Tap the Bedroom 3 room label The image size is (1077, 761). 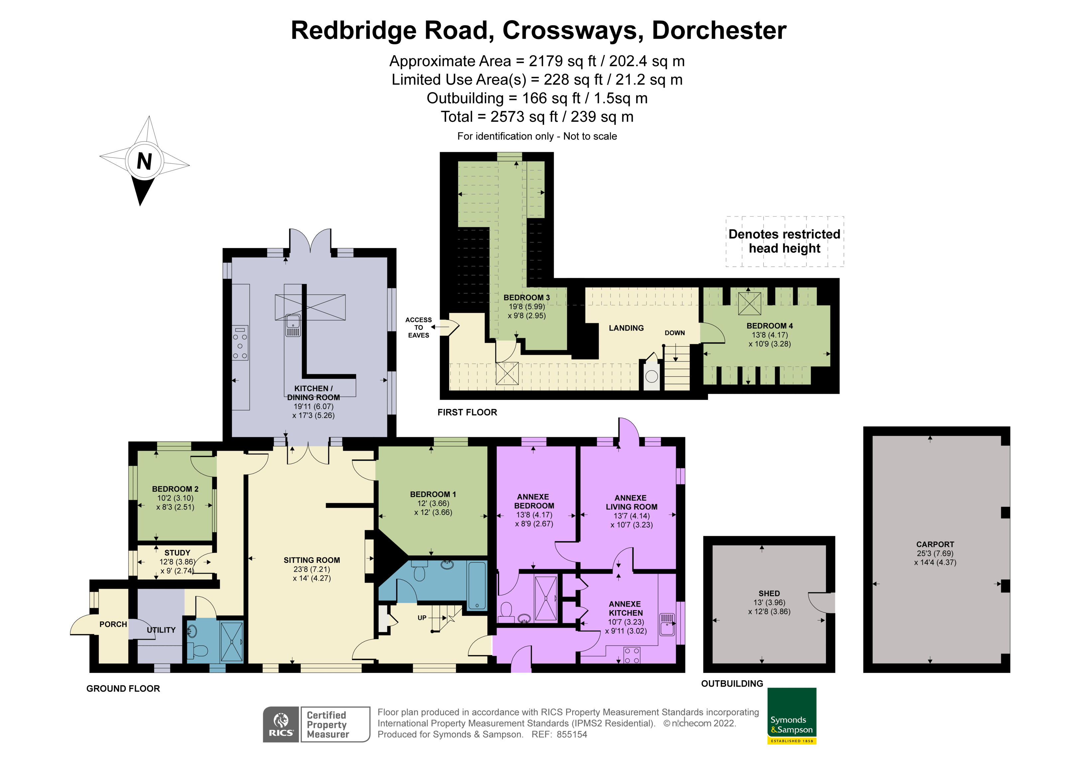(526, 298)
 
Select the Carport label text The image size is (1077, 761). (935, 544)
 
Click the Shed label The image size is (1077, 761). (769, 594)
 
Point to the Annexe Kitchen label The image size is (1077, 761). (625, 609)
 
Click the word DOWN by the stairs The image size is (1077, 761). (674, 333)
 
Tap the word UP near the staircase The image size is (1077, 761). (422, 618)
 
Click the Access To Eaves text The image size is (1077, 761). (419, 327)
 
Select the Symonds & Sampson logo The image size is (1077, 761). (792, 715)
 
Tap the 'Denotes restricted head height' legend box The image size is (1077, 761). (784, 241)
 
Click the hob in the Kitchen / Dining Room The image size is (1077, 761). (240, 343)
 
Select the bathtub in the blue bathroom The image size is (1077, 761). (477, 586)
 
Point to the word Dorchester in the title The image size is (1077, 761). (719, 31)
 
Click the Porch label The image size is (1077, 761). (113, 624)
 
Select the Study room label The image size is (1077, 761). (177, 553)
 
